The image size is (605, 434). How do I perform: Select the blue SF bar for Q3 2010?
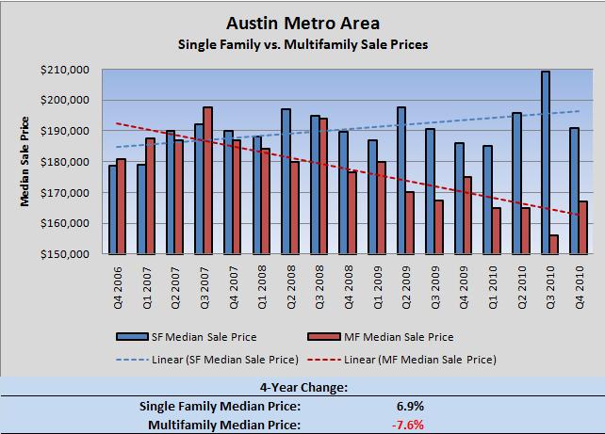click(546, 162)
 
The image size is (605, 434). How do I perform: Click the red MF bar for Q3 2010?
click(554, 245)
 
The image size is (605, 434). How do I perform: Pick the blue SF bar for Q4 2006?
click(112, 210)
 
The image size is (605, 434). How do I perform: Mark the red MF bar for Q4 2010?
click(583, 228)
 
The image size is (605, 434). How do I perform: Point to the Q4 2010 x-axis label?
click(580, 282)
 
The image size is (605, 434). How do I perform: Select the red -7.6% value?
click(417, 424)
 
